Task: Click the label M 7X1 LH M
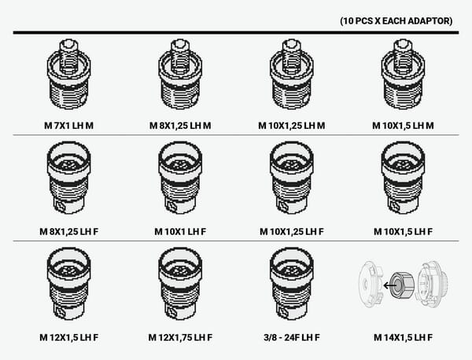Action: point(68,126)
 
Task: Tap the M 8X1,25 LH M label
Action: point(180,126)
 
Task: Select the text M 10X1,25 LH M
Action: point(291,126)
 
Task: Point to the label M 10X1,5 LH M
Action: point(403,126)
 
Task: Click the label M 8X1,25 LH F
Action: point(68,232)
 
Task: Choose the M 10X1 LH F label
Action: point(180,232)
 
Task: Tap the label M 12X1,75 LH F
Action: point(180,337)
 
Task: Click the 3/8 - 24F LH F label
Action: point(291,337)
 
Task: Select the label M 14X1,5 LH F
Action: point(403,337)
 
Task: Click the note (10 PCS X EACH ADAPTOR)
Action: point(396,21)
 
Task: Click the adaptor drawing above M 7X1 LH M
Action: point(68,74)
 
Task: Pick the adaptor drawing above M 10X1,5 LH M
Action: point(403,74)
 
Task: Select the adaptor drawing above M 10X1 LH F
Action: point(180,178)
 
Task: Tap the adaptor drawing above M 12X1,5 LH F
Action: point(68,283)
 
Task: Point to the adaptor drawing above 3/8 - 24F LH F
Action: point(291,283)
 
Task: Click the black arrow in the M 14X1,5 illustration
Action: point(389,285)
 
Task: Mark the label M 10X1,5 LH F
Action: point(403,232)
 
